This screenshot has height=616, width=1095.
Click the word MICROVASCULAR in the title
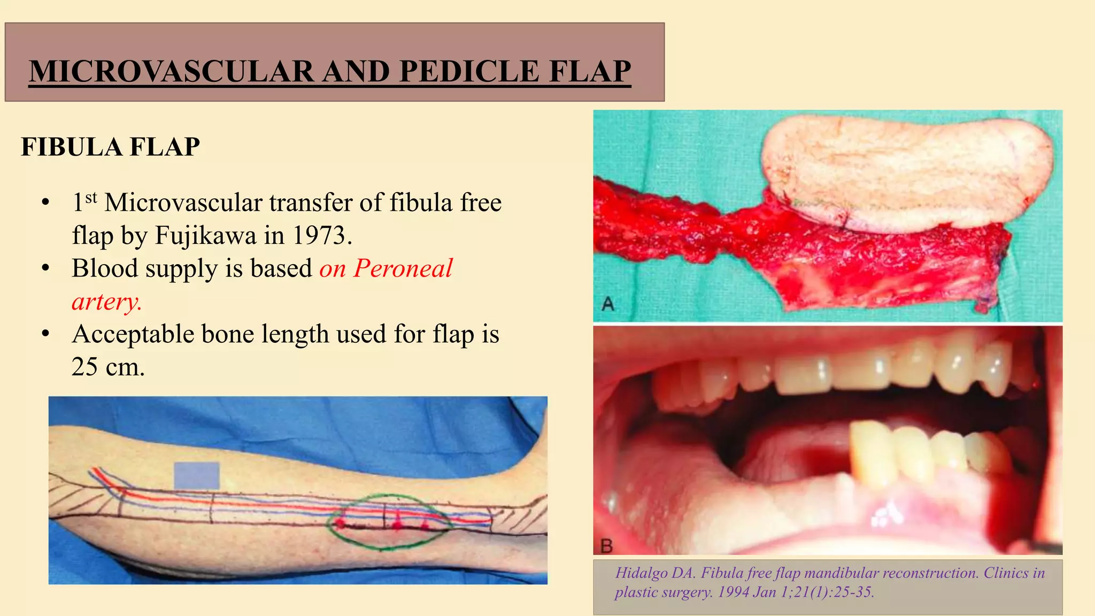(x=172, y=71)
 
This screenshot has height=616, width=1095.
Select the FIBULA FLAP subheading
(x=110, y=147)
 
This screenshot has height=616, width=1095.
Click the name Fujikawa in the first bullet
(x=205, y=235)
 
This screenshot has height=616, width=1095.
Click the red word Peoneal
(x=403, y=268)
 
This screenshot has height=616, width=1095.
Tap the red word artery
(x=106, y=302)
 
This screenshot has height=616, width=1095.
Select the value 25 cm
(x=108, y=367)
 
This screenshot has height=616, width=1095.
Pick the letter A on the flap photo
(x=608, y=304)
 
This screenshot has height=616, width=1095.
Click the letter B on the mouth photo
(x=607, y=546)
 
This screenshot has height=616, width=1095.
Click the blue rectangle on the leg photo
(x=196, y=475)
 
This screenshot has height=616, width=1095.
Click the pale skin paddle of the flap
(x=904, y=171)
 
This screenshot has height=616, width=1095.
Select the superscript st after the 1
(x=91, y=197)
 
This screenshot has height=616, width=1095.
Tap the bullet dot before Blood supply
(x=46, y=268)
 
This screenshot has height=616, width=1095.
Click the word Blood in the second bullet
(x=104, y=268)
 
